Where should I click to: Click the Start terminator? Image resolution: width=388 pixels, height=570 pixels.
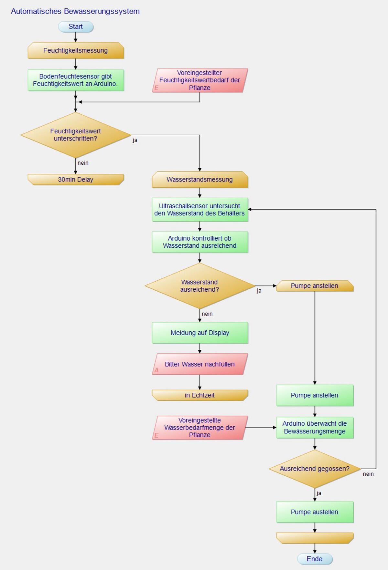click(76, 27)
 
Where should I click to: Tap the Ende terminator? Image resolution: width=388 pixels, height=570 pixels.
click(315, 559)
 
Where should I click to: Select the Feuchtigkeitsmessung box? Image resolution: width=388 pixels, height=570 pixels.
click(76, 50)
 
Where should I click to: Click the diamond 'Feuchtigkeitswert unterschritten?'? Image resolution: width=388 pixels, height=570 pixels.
click(76, 135)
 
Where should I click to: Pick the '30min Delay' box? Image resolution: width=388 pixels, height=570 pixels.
click(76, 180)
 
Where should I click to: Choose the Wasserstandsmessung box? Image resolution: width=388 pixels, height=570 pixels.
click(200, 180)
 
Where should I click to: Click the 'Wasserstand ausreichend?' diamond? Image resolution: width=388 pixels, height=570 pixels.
click(200, 286)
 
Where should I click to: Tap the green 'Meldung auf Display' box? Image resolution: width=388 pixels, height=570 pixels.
click(200, 333)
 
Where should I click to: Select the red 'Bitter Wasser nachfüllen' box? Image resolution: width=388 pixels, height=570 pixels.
click(200, 364)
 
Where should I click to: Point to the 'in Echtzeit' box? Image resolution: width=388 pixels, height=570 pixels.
click(200, 395)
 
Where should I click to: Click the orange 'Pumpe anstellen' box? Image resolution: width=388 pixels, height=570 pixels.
click(315, 286)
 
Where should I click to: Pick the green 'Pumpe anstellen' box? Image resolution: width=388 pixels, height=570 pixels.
click(315, 395)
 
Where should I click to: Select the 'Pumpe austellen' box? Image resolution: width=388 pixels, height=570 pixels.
click(315, 512)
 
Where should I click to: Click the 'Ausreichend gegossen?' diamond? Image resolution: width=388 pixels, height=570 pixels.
click(315, 469)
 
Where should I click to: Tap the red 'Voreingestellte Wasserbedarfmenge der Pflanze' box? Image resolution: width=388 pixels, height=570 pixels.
click(200, 428)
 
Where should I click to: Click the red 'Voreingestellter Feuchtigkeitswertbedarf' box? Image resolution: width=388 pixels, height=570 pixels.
click(200, 80)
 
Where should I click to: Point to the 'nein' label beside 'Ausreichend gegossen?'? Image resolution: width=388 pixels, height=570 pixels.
click(368, 474)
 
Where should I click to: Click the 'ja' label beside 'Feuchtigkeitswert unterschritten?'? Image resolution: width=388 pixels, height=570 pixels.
click(135, 140)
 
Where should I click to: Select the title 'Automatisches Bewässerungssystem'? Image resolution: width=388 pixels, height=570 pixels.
click(75, 11)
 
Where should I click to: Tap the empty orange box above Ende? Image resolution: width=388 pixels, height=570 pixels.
click(315, 538)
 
